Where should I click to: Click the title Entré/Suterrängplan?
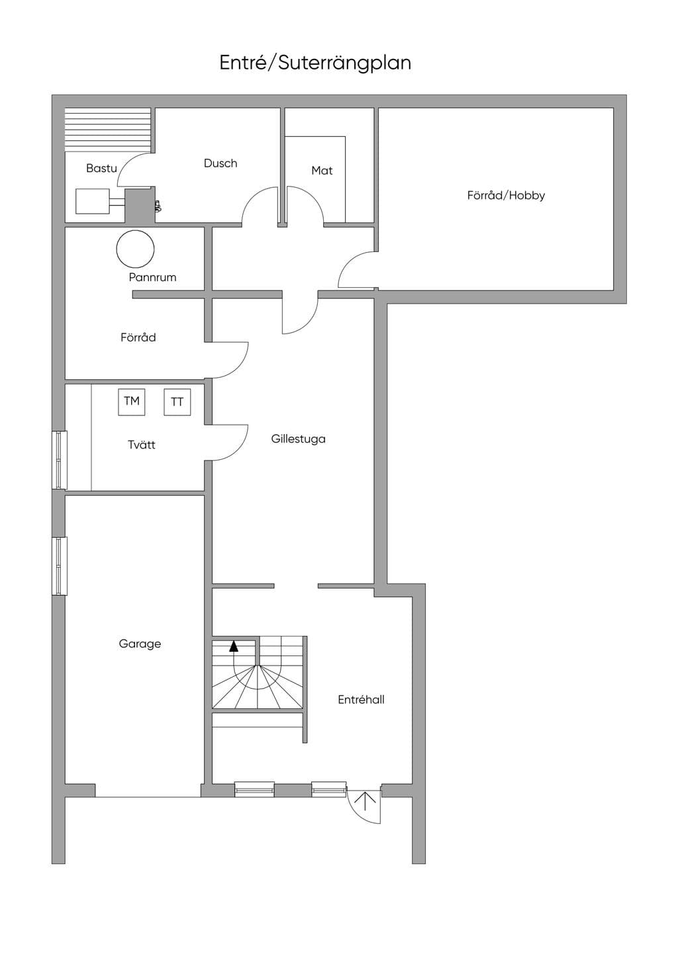point(315,64)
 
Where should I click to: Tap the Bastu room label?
point(101,168)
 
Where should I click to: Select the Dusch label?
point(220,163)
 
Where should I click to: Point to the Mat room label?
point(322,171)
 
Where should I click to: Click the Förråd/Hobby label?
point(506,195)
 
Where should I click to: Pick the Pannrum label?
point(152,277)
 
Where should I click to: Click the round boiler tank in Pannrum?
point(135,249)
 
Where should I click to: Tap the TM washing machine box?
point(131,402)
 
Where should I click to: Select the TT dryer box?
point(177,402)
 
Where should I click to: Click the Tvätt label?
point(141,445)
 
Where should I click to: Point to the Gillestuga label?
point(298,439)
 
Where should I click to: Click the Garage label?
point(140,644)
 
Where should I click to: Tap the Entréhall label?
point(361,700)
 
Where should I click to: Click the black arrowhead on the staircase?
point(233,646)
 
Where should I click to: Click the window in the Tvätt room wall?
point(60,460)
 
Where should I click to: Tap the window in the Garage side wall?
point(60,566)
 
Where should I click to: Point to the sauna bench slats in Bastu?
point(108,130)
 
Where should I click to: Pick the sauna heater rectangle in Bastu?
point(93,201)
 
